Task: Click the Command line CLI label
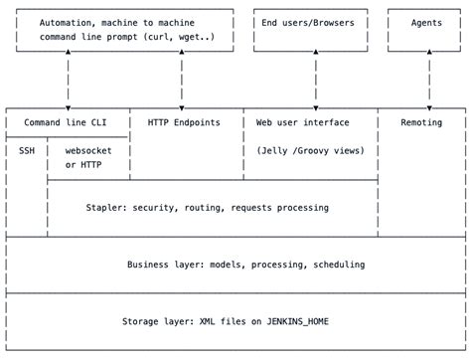pos(68,122)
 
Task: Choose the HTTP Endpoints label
pos(184,122)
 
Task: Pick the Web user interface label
pos(303,122)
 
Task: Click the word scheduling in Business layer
pos(333,265)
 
